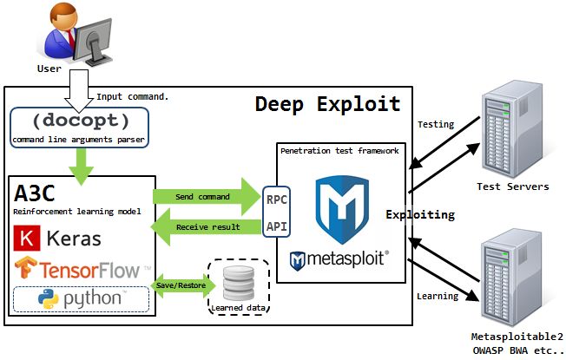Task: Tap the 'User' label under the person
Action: click(49, 68)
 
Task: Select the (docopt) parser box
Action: click(79, 126)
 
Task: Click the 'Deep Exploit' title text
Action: click(327, 104)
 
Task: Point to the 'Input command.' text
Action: click(133, 96)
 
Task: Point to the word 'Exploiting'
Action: click(420, 213)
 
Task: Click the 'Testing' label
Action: click(436, 124)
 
